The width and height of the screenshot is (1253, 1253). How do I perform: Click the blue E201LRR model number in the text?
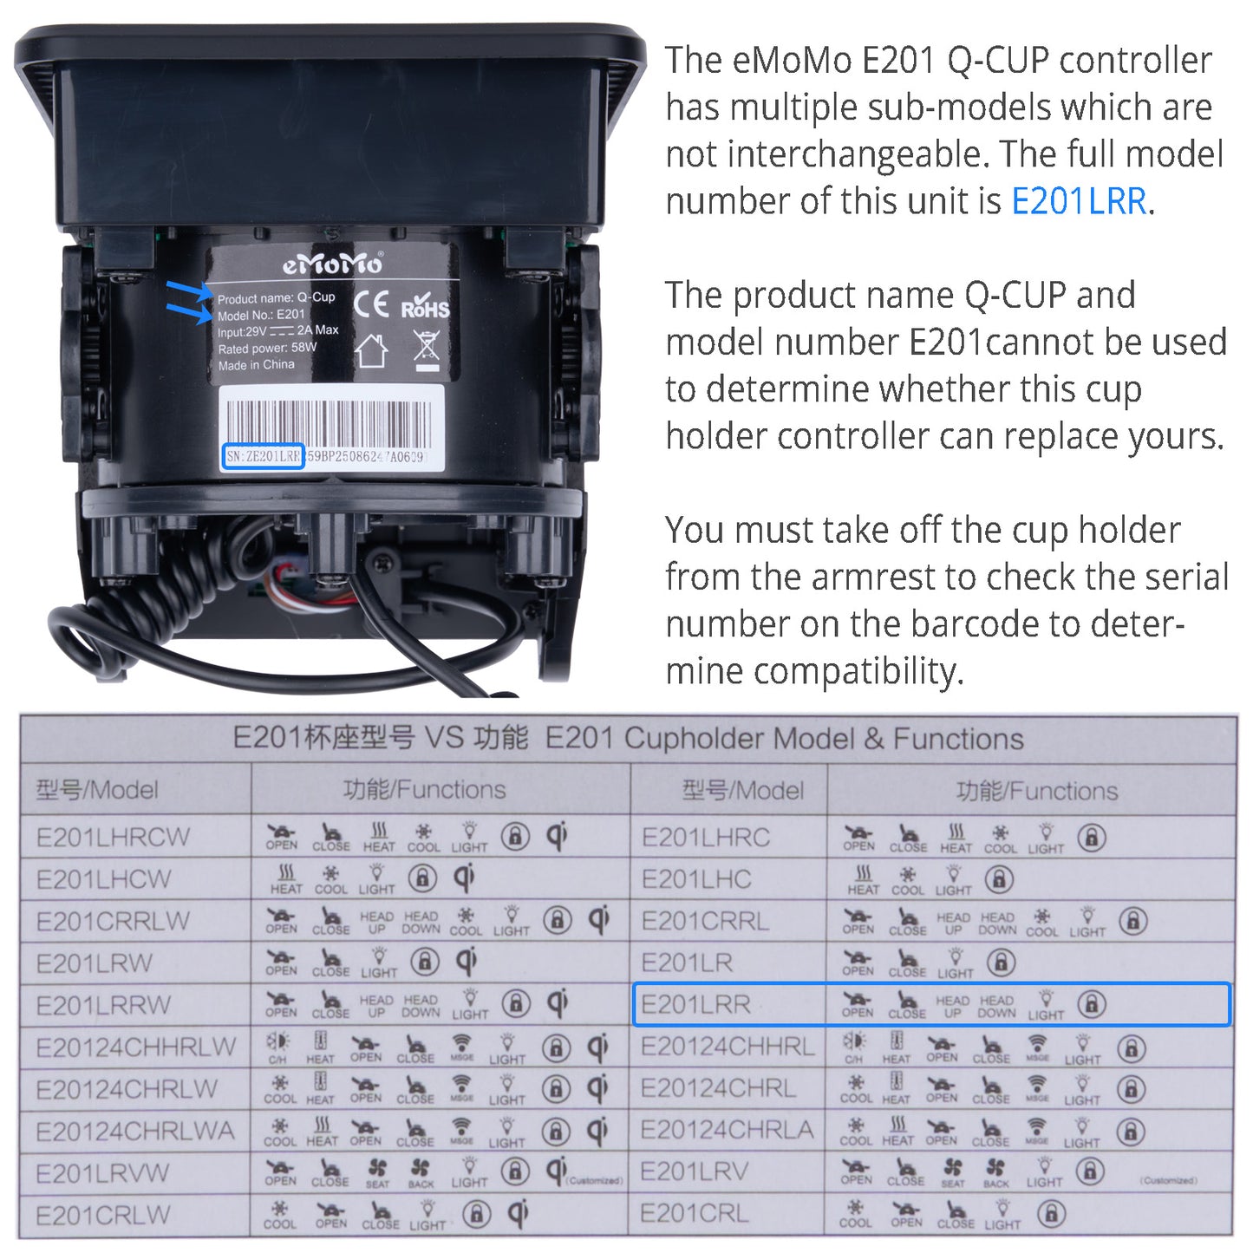[1079, 202]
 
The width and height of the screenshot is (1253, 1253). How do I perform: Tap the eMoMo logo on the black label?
[332, 264]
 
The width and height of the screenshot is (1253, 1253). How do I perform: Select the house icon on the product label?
[371, 350]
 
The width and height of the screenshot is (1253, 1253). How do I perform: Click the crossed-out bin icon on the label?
[427, 347]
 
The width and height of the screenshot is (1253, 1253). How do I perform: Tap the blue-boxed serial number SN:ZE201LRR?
[263, 456]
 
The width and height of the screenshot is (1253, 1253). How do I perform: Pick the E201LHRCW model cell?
[113, 837]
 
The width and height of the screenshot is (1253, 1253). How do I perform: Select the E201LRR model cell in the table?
[695, 1004]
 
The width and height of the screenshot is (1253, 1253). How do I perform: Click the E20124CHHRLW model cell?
[135, 1047]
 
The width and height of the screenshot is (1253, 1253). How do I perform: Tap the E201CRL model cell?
[694, 1214]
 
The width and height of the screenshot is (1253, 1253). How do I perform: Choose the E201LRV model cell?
[694, 1172]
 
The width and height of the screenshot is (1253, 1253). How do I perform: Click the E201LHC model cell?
[695, 879]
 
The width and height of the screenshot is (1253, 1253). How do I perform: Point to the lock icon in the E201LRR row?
[1091, 1004]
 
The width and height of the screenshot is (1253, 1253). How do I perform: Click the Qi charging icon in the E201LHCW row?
[465, 878]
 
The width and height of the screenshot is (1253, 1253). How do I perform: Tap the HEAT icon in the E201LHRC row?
[956, 839]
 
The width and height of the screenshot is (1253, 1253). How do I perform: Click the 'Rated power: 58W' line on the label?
[267, 348]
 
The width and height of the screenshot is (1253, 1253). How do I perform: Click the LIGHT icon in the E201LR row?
[955, 963]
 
